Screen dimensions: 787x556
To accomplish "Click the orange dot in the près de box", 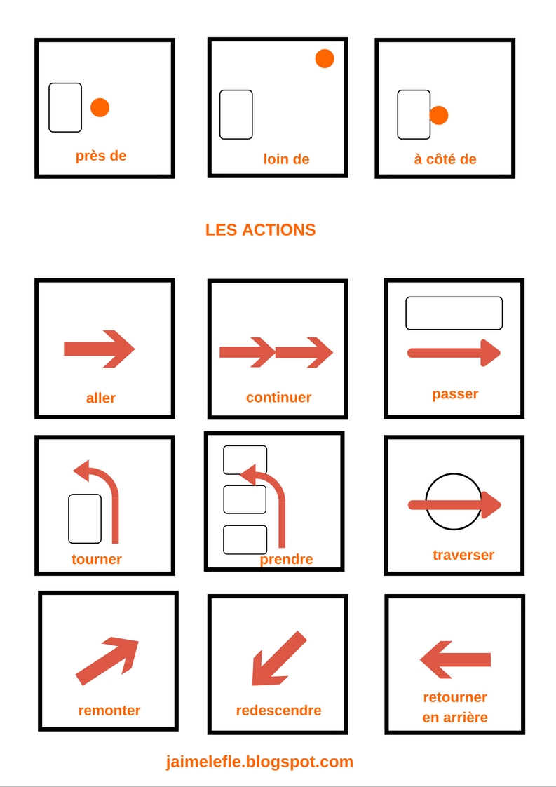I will (100, 107).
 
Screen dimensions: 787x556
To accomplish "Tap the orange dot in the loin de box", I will (325, 59).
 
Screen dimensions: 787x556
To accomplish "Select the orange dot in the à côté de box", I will (440, 115).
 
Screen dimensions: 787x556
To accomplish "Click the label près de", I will (101, 156).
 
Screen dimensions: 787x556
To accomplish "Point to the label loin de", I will (286, 159).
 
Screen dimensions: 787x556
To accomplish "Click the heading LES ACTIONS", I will (260, 230).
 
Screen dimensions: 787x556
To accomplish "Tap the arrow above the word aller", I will (99, 349).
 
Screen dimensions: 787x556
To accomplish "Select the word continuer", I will (278, 398).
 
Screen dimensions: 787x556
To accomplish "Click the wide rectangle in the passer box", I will (454, 313).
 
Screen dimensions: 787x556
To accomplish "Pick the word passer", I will (455, 394).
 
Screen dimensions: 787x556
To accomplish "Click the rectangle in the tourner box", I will (85, 518).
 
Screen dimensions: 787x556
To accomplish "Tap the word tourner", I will (97, 560).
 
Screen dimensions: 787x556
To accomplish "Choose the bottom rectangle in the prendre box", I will (245, 539).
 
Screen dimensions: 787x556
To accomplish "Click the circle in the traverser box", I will (453, 502).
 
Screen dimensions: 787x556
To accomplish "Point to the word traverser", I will (463, 556).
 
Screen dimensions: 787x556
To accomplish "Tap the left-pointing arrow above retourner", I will (455, 659).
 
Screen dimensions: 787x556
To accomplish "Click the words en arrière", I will (455, 718).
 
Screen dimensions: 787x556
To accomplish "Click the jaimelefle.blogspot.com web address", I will (260, 762).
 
